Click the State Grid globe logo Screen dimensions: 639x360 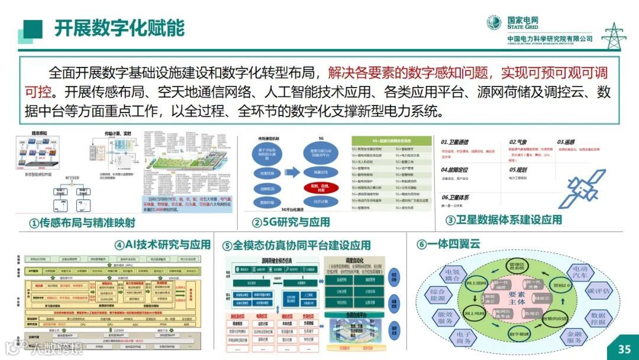tap(494, 22)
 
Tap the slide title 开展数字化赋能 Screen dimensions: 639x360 tap(120, 28)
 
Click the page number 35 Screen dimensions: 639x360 tap(624, 349)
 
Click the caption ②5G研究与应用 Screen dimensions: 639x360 tap(291, 223)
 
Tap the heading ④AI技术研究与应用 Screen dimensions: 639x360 tap(162, 245)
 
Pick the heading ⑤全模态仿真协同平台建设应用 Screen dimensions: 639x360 tap(296, 245)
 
